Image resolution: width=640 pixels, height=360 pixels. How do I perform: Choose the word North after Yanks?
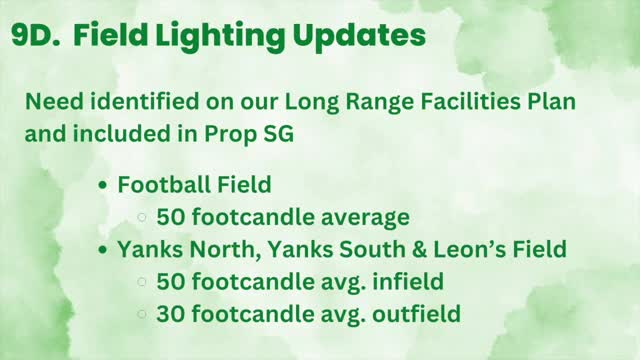[215, 249]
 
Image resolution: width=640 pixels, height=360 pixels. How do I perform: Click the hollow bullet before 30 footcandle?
[143, 314]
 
